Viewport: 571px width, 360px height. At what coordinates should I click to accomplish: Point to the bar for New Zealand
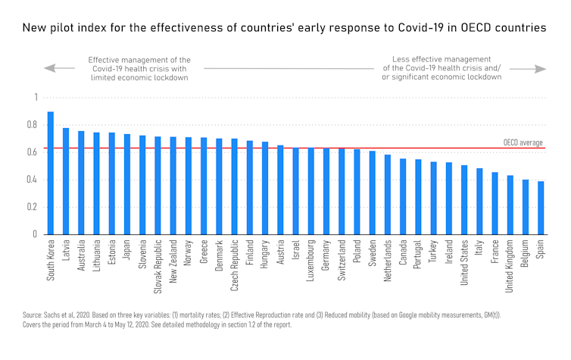pos(173,186)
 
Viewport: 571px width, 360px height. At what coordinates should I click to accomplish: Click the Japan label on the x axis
pos(127,252)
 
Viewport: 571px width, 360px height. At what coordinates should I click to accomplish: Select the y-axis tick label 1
pos(35,98)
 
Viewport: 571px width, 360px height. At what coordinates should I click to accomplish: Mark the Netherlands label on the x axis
pos(388,262)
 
